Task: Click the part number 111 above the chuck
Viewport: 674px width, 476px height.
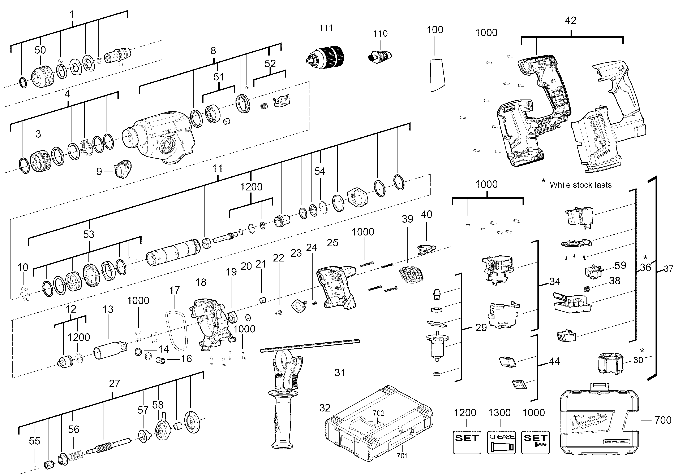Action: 326,28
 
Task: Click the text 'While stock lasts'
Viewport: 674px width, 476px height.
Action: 580,185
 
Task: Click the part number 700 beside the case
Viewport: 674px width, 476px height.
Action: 662,420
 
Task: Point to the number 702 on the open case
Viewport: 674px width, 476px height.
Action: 378,413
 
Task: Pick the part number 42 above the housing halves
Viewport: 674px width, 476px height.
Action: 570,21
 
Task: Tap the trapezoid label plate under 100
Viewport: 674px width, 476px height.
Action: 437,75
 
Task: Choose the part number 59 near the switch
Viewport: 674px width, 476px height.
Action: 620,265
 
